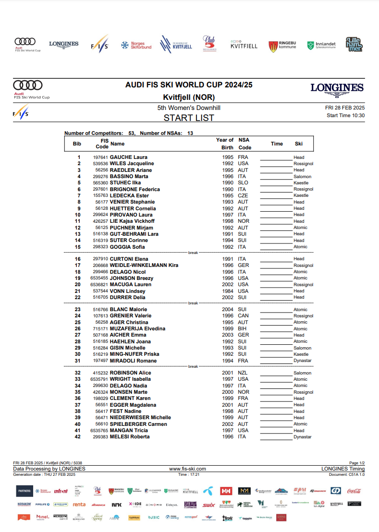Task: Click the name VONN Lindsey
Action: click(x=127, y=291)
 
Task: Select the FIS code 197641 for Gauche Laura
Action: click(x=100, y=157)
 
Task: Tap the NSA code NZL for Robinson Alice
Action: click(x=243, y=373)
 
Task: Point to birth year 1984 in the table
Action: click(x=228, y=291)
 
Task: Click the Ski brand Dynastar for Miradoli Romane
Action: click(x=303, y=361)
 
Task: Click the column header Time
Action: click(x=277, y=144)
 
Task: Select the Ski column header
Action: click(x=298, y=144)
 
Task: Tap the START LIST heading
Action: click(x=189, y=118)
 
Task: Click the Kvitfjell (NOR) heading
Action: click(x=189, y=97)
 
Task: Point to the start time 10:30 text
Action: click(x=345, y=115)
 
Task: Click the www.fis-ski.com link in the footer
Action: click(x=187, y=469)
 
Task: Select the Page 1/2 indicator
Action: click(x=357, y=463)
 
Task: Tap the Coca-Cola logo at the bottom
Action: click(x=354, y=491)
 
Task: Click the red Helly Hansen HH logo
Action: click(x=226, y=491)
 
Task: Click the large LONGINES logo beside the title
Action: click(x=337, y=88)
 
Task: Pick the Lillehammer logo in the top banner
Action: click(x=354, y=45)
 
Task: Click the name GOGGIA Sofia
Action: click(x=127, y=247)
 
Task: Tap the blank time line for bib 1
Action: click(x=276, y=157)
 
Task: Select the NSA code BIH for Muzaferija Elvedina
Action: click(x=242, y=328)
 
